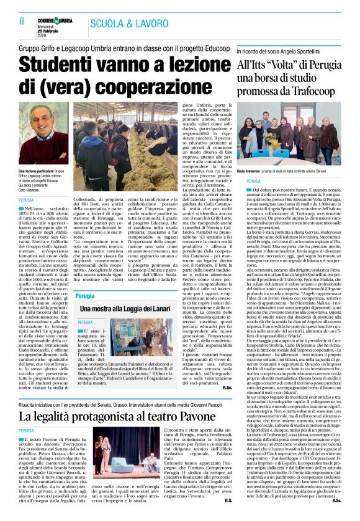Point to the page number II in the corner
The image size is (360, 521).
[x=13, y=20]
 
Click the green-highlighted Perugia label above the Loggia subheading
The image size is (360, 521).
[x=85, y=296]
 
